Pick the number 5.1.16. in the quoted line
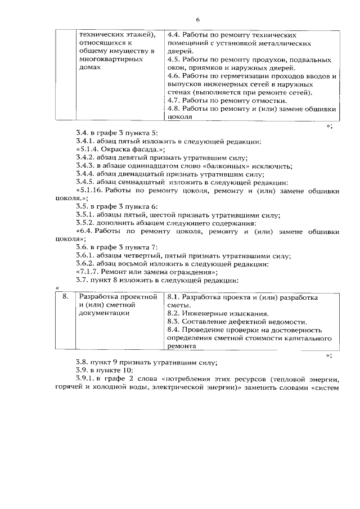pos(93,191)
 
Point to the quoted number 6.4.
pos(85,231)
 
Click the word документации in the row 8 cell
pos(104,313)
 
